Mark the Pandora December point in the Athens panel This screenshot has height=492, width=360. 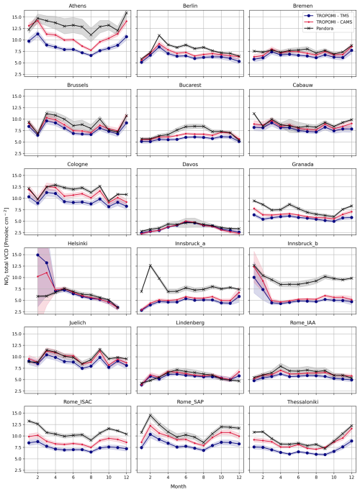click(127, 13)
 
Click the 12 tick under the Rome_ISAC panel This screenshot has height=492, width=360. click(127, 478)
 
